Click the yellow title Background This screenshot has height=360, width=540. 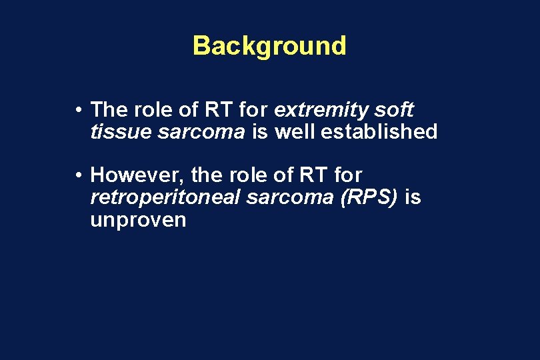(x=269, y=46)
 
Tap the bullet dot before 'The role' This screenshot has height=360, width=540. (x=79, y=109)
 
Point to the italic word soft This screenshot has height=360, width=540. (x=395, y=109)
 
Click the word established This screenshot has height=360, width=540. (x=379, y=131)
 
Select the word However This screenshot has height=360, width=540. (x=137, y=176)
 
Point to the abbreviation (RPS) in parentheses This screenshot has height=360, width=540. (x=370, y=198)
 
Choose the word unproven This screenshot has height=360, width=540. (x=138, y=220)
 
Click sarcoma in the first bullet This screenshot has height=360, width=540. (x=202, y=132)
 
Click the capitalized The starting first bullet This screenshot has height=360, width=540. (x=108, y=109)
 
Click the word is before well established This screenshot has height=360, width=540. (x=259, y=131)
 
